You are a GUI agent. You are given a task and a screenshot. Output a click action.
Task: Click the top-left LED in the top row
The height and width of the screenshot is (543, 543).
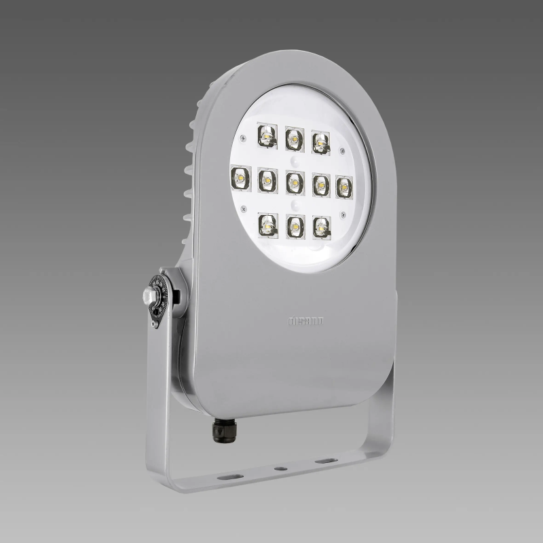coord(267,136)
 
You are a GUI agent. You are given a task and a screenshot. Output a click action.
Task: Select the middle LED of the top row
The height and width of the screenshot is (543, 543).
coord(295,138)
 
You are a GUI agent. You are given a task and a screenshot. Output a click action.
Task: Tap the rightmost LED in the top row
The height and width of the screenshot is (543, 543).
coord(321,142)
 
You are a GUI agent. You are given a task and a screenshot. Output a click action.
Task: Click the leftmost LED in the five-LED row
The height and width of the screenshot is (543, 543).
coord(240,177)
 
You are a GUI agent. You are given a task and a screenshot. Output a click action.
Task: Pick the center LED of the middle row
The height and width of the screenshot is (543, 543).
coord(295,182)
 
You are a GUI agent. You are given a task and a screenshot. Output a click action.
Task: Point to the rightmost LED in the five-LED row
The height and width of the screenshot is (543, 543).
coord(345,186)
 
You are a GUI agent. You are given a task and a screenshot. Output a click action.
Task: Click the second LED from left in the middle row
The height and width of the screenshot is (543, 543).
coord(267,181)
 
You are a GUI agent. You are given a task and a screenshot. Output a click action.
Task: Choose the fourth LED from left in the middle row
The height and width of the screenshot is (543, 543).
coord(320,184)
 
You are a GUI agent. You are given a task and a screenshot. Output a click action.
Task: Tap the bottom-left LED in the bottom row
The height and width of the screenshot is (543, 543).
coord(268,223)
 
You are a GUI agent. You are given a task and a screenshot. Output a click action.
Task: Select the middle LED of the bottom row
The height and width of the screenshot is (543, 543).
coord(295,225)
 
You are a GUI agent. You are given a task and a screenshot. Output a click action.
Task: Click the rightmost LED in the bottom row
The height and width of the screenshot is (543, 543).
coord(322,227)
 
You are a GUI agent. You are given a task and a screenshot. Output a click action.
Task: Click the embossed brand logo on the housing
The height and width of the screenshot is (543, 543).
coord(306,320)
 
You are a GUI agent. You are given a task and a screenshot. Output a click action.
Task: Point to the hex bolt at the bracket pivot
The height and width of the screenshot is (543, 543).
coord(149,295)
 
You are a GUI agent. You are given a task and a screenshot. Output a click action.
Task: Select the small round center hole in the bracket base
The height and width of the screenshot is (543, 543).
coord(277,468)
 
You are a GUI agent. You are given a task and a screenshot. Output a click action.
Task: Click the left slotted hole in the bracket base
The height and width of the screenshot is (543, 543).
coord(229,476)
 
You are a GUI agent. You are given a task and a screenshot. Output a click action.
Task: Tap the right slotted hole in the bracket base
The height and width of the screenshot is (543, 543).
coord(326,461)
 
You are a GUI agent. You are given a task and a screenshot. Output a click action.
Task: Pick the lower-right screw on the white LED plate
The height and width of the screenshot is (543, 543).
coord(343,216)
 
